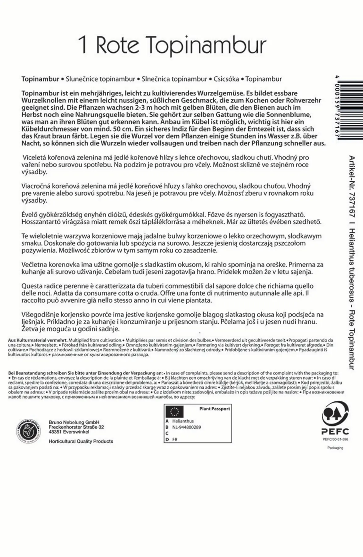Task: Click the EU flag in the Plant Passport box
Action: tap(175, 411)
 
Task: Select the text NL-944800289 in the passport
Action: tap(186, 427)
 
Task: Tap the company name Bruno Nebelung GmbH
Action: tap(74, 422)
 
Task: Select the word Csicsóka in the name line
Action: tap(226, 79)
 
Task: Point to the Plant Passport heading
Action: tap(215, 409)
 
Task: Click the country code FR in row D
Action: tap(175, 439)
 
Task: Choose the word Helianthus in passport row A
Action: tap(183, 421)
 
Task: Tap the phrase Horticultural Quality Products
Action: tap(81, 441)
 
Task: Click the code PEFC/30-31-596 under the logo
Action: tap(335, 439)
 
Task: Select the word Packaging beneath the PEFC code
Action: tap(335, 448)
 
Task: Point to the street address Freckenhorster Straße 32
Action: tap(76, 427)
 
